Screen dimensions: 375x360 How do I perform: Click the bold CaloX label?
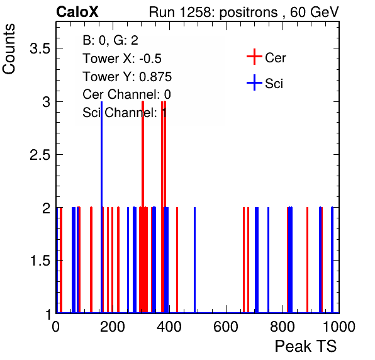[x=77, y=12]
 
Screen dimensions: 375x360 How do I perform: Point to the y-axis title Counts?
[x=9, y=49]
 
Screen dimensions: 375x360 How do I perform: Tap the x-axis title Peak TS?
[x=306, y=346]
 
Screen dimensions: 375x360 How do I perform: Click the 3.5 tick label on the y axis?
[x=40, y=48]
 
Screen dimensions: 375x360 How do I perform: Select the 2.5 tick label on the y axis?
[x=40, y=155]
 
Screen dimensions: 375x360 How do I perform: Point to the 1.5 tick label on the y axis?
[x=40, y=261]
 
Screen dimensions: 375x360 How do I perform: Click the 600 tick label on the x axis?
[x=226, y=327]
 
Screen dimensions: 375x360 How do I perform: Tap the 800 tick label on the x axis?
[x=283, y=327]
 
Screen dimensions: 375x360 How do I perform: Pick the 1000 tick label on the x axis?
[x=339, y=327]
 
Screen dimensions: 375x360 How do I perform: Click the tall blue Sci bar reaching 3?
[x=102, y=207]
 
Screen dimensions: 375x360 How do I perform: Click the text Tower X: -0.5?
[x=122, y=59]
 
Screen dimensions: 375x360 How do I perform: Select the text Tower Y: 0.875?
[x=127, y=77]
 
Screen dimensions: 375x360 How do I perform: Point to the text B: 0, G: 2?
[x=111, y=40]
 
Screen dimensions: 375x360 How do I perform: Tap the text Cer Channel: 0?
[x=126, y=94]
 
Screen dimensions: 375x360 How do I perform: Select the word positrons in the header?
[x=249, y=13]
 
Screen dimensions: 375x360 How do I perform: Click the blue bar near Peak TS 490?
[x=194, y=260]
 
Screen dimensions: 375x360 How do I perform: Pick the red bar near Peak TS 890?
[x=307, y=260]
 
